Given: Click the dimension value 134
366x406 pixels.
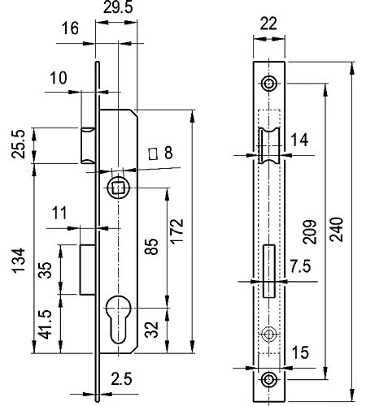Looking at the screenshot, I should (x=15, y=259).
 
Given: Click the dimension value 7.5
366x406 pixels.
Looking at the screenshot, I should (x=298, y=266).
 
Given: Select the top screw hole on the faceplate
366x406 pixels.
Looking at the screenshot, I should (x=268, y=84).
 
